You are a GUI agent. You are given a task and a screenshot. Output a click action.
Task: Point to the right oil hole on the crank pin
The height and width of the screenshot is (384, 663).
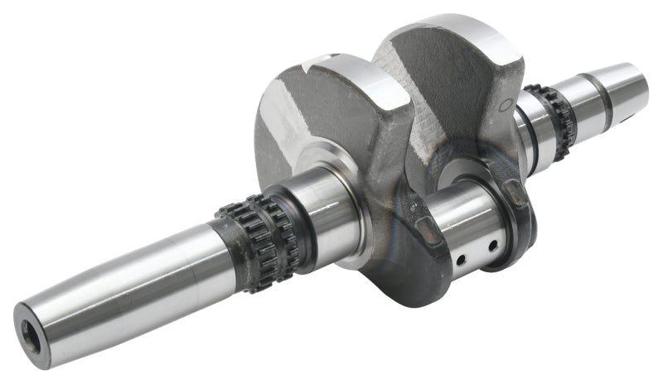[492, 245]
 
